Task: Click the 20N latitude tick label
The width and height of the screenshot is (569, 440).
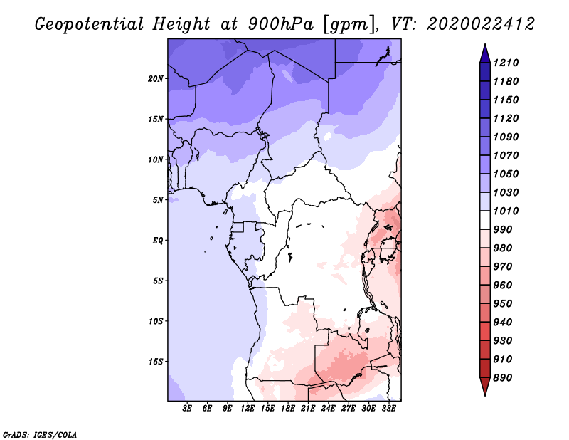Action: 155,79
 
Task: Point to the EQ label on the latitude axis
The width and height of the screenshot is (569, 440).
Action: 158,241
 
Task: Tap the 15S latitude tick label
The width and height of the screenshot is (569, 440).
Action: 156,362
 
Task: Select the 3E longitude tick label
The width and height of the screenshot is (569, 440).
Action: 187,409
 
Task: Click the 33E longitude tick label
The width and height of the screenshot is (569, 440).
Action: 388,409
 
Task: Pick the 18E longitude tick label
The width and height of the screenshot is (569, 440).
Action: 288,409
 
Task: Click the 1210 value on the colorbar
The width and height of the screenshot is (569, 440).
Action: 506,63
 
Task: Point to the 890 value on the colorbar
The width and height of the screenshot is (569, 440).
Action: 503,378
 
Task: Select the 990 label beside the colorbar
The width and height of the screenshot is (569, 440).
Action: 503,230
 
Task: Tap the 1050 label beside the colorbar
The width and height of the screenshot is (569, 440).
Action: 506,174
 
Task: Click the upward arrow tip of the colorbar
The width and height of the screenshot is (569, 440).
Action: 485,44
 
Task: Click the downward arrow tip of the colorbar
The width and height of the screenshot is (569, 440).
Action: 485,395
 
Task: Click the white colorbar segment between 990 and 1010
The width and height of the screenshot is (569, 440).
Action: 485,220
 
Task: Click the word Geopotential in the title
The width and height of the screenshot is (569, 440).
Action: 90,25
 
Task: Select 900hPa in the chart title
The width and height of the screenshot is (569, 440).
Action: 280,24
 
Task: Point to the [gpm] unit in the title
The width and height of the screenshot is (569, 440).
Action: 351,25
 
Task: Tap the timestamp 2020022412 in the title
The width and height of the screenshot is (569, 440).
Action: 481,24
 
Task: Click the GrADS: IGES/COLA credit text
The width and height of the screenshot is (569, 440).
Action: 40,435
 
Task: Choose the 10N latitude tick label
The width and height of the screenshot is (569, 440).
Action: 155,159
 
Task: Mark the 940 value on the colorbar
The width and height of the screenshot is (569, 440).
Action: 503,323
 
